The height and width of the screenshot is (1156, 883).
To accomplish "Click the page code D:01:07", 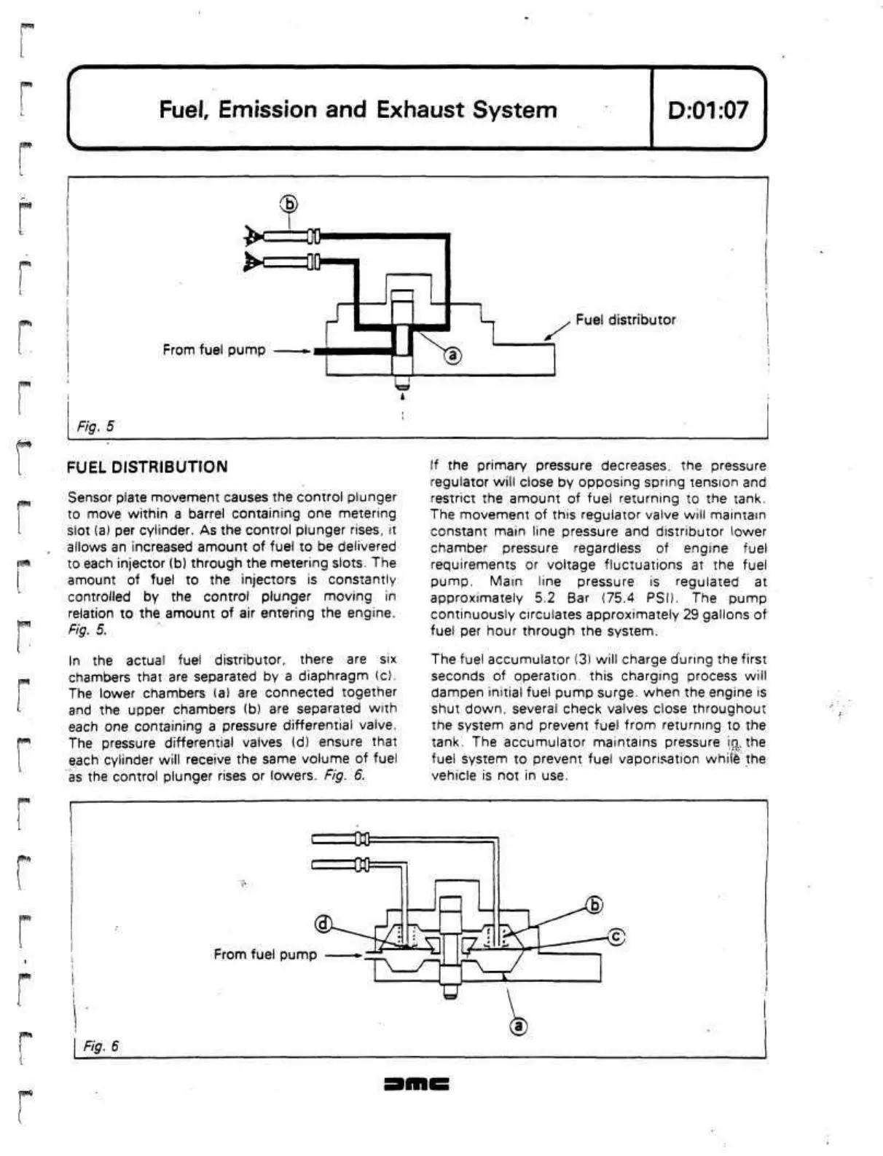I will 707,110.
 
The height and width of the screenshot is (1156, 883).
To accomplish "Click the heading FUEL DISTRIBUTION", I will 146,467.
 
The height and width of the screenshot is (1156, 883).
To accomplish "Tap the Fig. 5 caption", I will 95,426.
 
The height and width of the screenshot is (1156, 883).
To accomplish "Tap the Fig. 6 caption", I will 101,1046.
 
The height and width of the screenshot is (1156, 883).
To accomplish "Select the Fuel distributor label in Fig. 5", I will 625,320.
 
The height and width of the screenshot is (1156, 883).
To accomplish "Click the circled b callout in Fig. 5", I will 289,204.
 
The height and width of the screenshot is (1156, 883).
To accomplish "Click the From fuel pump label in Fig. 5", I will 213,350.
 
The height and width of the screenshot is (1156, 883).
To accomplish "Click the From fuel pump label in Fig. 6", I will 264,954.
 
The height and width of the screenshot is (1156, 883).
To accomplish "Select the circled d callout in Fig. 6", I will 323,925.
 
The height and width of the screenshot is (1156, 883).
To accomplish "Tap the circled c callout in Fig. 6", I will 616,936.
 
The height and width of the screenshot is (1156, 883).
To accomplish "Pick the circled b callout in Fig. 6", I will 594,905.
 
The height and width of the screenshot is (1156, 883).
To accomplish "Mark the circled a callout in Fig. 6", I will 518,1026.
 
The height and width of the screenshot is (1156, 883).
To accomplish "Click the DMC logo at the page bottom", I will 416,1084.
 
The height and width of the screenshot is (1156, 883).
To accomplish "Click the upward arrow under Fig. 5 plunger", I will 402,397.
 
